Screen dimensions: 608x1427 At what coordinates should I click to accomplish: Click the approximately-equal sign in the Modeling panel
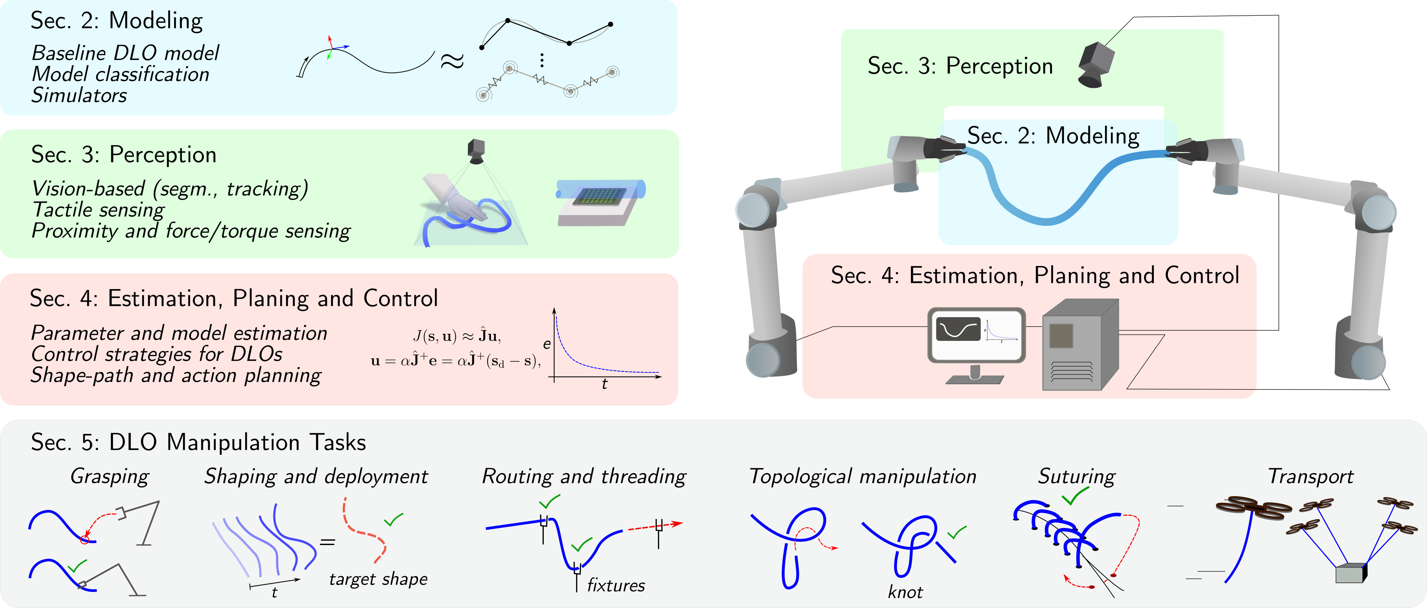coord(451,62)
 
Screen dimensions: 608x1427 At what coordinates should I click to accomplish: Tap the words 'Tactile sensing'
coord(99,210)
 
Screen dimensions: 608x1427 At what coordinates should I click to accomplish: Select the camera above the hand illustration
coord(476,151)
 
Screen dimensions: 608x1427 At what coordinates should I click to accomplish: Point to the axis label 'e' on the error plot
coord(547,344)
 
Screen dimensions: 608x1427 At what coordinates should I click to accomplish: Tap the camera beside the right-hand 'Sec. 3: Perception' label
coord(1096,64)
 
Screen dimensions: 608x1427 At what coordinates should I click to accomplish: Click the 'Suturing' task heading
coord(1076,476)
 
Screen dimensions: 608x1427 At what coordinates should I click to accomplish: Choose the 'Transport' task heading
coord(1310,476)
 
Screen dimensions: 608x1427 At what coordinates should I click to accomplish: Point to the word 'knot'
coord(905,592)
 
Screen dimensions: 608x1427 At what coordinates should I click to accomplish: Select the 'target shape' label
coord(378,579)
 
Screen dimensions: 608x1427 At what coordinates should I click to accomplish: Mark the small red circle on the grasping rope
coord(84,539)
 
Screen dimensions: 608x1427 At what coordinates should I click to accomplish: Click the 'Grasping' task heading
coord(110,476)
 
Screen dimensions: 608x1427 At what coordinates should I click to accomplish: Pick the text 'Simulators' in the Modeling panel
coord(79,95)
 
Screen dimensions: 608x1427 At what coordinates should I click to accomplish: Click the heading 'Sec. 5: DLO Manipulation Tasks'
coord(198,442)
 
